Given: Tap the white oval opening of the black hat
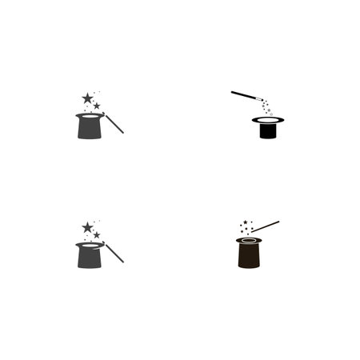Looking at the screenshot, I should (269, 120).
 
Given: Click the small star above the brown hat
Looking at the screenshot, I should (244, 223).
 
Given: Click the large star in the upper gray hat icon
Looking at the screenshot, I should (87, 98).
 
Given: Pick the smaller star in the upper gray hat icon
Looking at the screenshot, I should (97, 106).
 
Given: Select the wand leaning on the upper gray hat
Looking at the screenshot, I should (115, 123).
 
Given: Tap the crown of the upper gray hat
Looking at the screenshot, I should (90, 129).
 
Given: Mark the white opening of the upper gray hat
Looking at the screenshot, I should (90, 116).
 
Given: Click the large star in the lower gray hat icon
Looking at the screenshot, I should (87, 227).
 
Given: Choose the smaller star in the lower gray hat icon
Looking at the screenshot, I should (97, 235).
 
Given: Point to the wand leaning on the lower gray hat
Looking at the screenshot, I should (115, 253).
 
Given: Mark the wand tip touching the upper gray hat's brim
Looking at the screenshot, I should (105, 114).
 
